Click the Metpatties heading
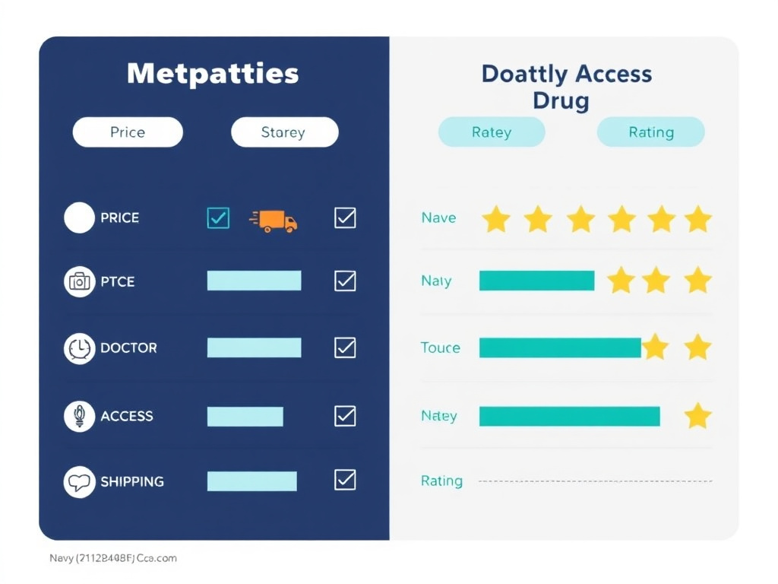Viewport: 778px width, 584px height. [x=213, y=74]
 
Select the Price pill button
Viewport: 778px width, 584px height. [x=128, y=132]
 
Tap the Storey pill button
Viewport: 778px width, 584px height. [x=284, y=132]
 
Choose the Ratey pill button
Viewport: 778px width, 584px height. [x=492, y=132]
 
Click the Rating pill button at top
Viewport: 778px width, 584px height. [x=651, y=132]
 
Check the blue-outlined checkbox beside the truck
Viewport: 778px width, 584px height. [x=218, y=218]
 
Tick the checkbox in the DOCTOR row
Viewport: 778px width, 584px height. [x=345, y=348]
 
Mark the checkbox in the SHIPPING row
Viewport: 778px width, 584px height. [x=345, y=480]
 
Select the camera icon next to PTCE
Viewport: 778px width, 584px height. [x=79, y=281]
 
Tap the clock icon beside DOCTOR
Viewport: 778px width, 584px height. [x=79, y=348]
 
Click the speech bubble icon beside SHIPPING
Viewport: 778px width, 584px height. [x=79, y=482]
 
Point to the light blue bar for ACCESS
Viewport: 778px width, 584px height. [x=245, y=416]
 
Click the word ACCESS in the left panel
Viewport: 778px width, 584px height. [x=127, y=416]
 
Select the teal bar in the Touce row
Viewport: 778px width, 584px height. [x=560, y=348]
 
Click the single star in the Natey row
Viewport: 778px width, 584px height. [x=697, y=416]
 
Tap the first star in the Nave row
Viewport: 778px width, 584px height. [x=496, y=219]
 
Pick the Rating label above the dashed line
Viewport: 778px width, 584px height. [x=441, y=481]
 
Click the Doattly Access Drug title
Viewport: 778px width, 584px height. [x=566, y=87]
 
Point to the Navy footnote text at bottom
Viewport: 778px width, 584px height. [x=113, y=558]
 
